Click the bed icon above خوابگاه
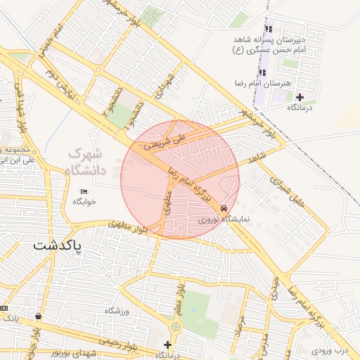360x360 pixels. coord(84,191)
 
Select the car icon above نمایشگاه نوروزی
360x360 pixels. coord(224,208)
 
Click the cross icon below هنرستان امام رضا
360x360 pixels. coord(300,97)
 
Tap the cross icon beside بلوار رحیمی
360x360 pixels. coord(167,345)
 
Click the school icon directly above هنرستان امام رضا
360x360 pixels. coord(262,72)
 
